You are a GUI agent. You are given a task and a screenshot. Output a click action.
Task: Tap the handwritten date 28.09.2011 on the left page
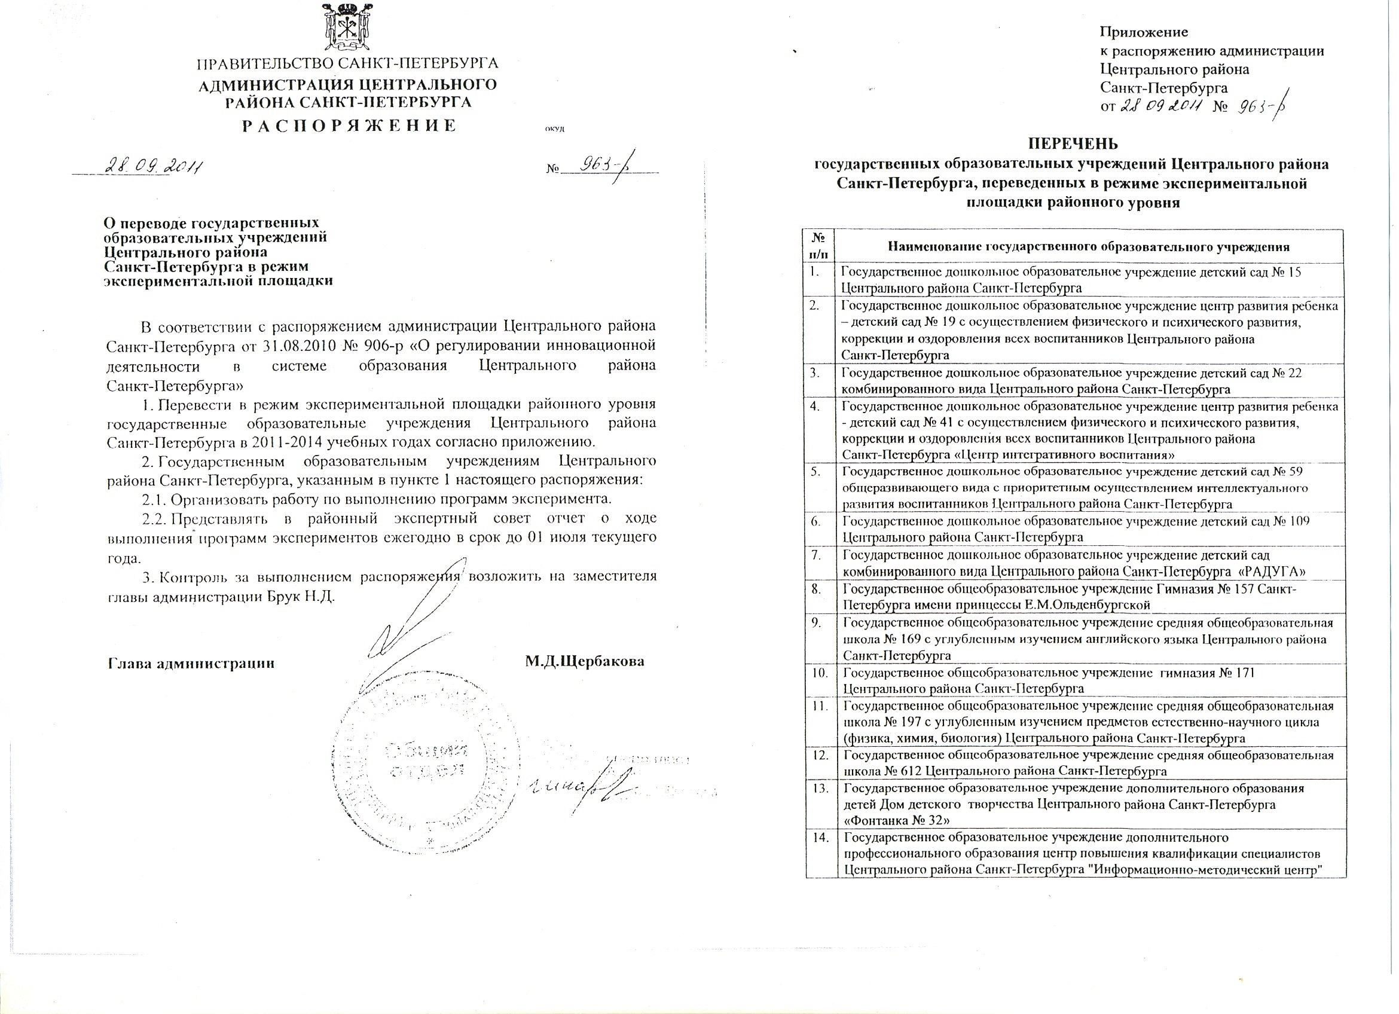155,166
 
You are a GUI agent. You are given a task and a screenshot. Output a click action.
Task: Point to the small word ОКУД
555,130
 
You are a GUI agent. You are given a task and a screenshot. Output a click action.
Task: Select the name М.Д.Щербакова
585,662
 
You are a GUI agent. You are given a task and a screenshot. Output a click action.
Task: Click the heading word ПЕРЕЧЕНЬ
1072,144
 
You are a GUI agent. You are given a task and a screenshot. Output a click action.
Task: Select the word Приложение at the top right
1144,32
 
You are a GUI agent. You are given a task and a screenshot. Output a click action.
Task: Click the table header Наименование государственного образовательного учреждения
1089,248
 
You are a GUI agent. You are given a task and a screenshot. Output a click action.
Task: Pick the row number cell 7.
815,554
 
